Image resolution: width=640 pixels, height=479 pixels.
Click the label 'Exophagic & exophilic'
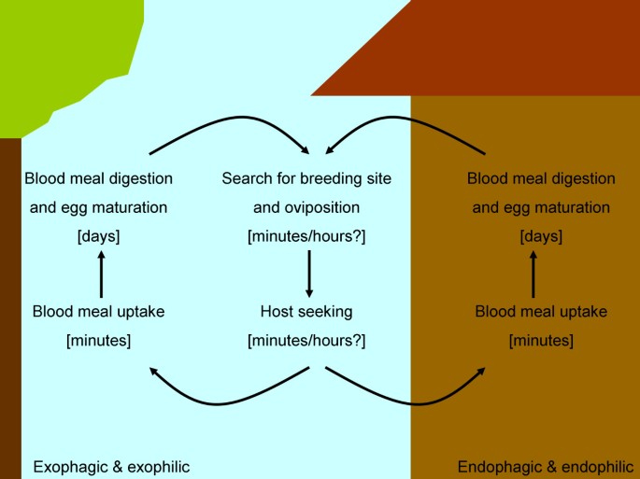click(111, 466)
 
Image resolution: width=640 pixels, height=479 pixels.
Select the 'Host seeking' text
click(306, 311)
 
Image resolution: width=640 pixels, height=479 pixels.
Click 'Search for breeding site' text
click(306, 177)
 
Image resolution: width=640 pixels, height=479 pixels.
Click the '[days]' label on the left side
click(98, 237)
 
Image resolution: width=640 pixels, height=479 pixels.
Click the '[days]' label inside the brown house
click(541, 237)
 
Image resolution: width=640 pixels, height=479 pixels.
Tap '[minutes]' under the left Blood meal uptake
click(98, 341)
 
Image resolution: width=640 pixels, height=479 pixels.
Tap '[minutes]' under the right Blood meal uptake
click(541, 341)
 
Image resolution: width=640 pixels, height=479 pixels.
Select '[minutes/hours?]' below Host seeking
click(306, 341)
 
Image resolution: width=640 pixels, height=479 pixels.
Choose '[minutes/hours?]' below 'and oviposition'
click(306, 237)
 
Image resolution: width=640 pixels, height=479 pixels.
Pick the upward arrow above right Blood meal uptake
click(534, 274)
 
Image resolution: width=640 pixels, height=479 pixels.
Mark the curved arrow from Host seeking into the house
click(411, 402)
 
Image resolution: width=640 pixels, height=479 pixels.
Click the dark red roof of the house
click(486, 56)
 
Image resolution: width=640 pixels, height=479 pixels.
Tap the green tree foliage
click(56, 56)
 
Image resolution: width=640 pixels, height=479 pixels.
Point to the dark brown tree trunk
click(9, 308)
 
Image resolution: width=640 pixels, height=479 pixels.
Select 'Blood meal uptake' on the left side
click(98, 311)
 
